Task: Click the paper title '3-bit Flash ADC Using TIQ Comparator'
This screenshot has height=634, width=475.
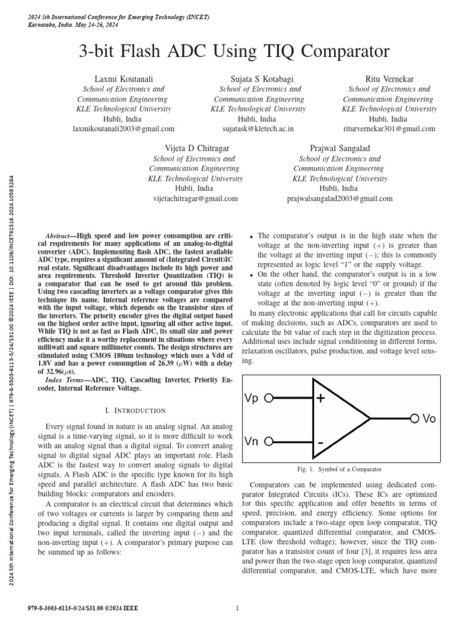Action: coord(237,51)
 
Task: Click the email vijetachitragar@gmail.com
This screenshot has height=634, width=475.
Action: coord(195,199)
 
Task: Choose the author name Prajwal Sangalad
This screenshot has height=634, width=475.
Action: coord(340,149)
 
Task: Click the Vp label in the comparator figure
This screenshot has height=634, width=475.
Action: coord(253,399)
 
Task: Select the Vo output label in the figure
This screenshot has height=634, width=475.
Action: coord(429,419)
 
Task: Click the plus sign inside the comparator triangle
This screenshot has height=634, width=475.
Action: coord(320,399)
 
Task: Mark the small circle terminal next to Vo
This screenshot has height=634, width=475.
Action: coord(414,419)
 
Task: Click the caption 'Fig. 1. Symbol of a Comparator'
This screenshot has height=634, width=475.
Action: coord(340,470)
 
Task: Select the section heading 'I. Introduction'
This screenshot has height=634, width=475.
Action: coord(135,410)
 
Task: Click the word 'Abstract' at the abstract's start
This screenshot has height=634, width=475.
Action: coord(61,237)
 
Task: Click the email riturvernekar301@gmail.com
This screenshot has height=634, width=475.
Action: coord(388,129)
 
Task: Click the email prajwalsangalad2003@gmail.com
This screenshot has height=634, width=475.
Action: coord(340,199)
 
